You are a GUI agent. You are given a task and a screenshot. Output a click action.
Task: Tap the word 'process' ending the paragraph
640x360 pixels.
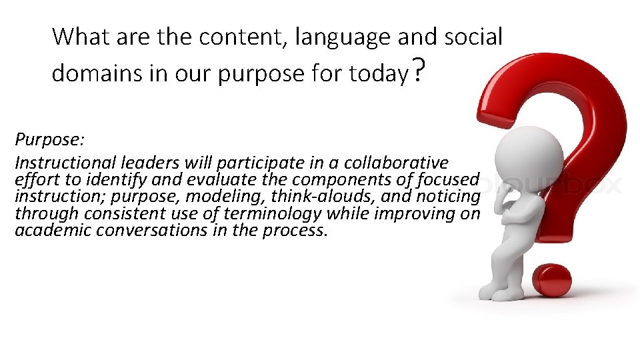301,231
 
